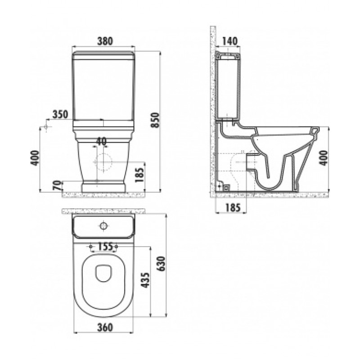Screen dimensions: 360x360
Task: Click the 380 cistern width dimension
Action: tap(105, 41)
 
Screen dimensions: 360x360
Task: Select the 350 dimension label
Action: tap(60, 114)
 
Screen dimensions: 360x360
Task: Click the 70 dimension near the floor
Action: tap(58, 185)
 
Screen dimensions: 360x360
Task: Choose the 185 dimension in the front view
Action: tap(139, 175)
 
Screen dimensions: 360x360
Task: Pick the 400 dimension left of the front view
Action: tap(35, 158)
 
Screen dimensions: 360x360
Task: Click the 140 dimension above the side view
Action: tap(229, 41)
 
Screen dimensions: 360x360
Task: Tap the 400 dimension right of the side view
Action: tap(324, 158)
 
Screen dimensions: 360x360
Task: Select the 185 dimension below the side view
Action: tap(232, 207)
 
